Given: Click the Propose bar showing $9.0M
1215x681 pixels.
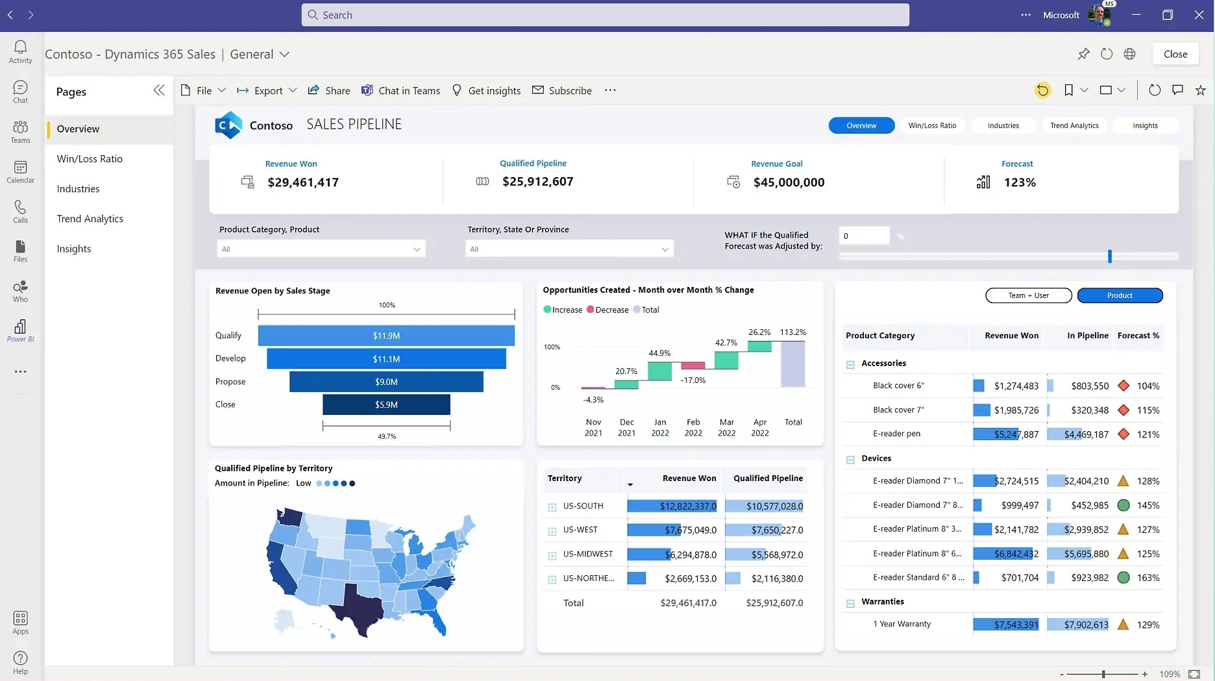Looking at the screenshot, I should (x=386, y=382).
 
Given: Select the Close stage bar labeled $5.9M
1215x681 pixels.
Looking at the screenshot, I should (x=386, y=404).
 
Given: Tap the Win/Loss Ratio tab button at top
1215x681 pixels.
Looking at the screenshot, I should (x=932, y=125).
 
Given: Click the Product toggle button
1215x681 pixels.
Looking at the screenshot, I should (x=1120, y=295).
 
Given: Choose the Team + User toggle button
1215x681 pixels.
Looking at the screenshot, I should (x=1028, y=295).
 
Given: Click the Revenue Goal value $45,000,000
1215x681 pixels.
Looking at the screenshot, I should (x=789, y=182).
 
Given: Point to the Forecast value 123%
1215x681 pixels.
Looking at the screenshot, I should (x=1019, y=182).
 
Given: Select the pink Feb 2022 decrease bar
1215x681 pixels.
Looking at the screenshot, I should (x=693, y=365).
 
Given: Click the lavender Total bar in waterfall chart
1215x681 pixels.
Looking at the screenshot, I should (x=792, y=364).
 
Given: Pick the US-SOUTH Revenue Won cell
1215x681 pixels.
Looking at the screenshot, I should (x=672, y=506).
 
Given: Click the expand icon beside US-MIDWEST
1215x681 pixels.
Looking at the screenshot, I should (x=552, y=556).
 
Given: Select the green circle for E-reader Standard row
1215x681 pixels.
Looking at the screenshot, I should (x=1123, y=577).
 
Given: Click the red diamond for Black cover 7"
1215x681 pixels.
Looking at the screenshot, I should (x=1123, y=410).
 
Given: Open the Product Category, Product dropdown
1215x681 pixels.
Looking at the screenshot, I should (x=321, y=249).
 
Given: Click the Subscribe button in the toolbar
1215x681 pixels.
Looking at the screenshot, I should (x=561, y=90).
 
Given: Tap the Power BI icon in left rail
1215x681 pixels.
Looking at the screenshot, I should (x=20, y=330).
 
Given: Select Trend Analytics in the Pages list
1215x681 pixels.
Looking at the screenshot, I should (x=90, y=219).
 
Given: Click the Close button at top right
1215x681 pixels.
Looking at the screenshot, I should (x=1175, y=54).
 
